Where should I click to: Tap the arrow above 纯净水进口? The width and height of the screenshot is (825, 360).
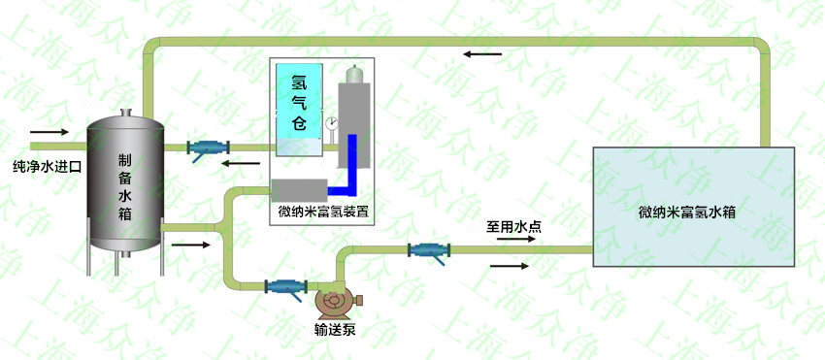49,131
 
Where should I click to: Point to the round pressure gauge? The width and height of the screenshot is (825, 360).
331,123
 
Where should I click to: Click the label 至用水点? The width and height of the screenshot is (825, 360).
513,229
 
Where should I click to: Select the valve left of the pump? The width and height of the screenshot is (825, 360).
284,287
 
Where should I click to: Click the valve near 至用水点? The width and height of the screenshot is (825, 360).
426,250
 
